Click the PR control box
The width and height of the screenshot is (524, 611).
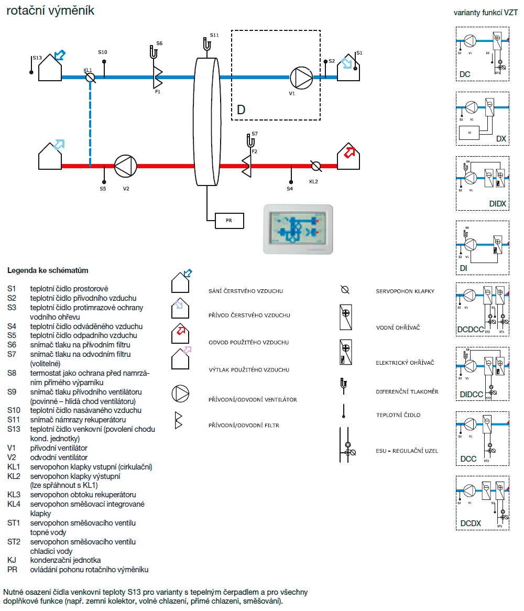pos(230,221)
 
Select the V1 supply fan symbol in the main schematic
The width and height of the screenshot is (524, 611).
pos(301,78)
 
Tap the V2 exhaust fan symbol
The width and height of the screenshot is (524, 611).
pos(125,166)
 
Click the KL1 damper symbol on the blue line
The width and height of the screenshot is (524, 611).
pos(90,78)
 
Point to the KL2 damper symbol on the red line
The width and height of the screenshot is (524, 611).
pos(315,166)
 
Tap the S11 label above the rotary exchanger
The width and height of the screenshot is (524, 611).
pos(214,35)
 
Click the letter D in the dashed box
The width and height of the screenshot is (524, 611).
pos(241,110)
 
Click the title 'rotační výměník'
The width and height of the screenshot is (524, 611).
pos(50,10)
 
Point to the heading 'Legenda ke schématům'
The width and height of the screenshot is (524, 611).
pos(48,270)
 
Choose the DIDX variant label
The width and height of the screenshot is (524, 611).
pos(497,203)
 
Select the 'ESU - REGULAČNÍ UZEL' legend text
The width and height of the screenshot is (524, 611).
pos(407,451)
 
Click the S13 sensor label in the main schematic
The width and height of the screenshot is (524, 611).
pos(37,58)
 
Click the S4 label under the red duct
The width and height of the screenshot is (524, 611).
pos(290,188)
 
